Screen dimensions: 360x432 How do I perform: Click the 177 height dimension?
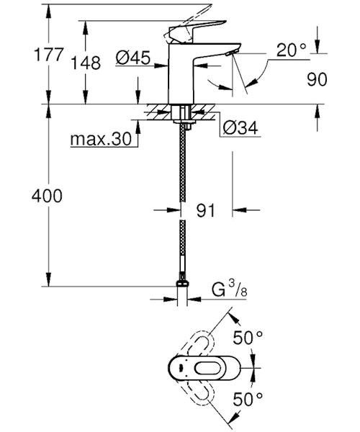(49, 54)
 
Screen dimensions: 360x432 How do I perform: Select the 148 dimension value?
(86, 63)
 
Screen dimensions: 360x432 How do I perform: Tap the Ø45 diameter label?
(133, 58)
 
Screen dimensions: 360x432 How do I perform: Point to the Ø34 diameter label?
(241, 127)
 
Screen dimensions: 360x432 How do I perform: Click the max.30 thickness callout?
(101, 139)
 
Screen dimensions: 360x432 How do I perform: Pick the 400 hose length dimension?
(47, 196)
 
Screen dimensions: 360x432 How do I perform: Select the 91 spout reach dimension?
(205, 210)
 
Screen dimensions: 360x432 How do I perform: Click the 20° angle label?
(291, 50)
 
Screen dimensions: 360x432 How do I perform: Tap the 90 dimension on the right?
(317, 79)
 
